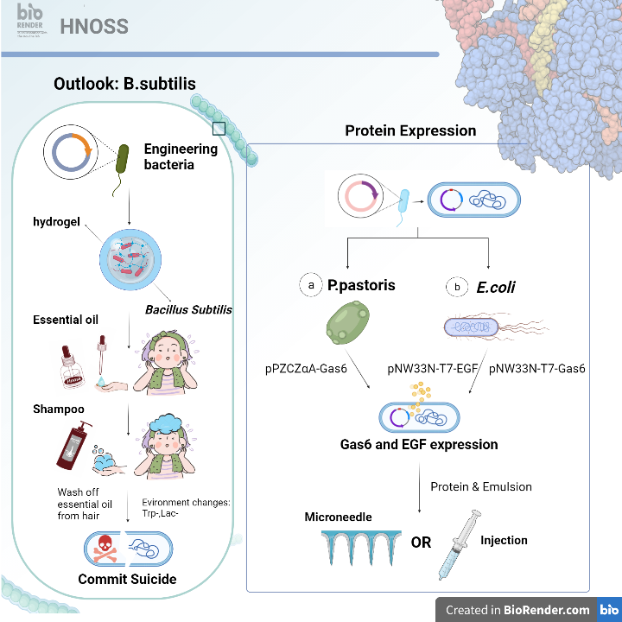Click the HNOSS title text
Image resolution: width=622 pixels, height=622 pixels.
(x=94, y=27)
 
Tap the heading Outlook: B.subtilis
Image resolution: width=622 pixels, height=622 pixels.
(x=124, y=84)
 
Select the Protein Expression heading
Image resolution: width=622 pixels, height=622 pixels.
(x=410, y=130)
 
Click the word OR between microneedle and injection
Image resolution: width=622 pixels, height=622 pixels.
(x=421, y=543)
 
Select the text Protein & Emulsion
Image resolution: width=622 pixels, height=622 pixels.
(x=481, y=486)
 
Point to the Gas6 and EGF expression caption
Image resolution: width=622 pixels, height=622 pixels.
(x=418, y=445)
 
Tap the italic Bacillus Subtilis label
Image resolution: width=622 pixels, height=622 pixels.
(x=188, y=310)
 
